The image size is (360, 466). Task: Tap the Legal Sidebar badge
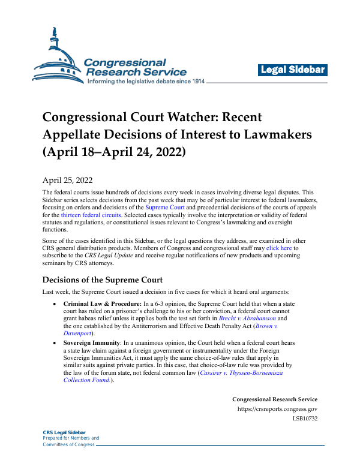point(293,70)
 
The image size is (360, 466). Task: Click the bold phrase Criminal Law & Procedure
point(104,305)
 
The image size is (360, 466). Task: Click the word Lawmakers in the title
point(272,134)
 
